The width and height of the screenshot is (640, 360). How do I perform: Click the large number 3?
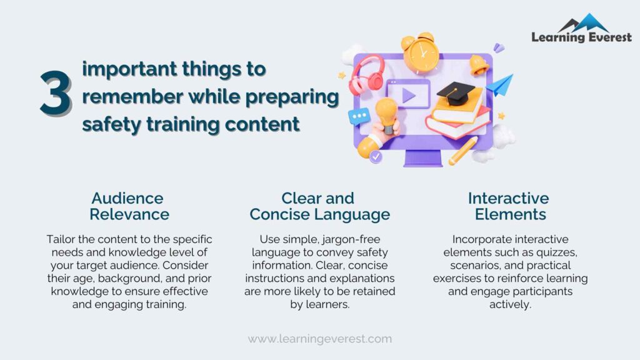(55, 94)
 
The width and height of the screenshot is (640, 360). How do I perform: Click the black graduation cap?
(459, 93)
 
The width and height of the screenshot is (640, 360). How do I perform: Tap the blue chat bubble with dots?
(359, 116)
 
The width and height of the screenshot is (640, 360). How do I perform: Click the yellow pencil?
(463, 151)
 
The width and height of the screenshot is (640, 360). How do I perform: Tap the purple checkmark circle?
(376, 157)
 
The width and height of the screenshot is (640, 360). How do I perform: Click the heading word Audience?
(127, 199)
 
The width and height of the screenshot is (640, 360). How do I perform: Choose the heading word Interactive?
(509, 199)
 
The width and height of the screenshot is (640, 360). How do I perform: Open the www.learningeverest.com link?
(320, 339)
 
